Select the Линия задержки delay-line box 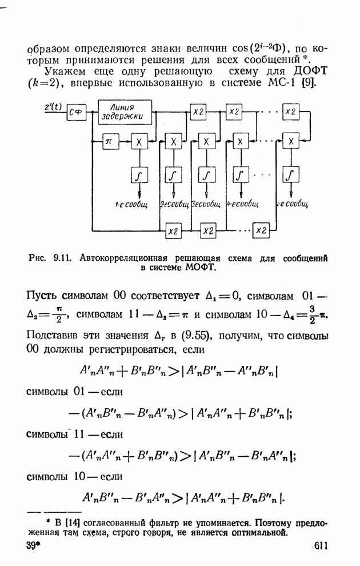coord(125,112)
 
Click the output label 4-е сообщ coord(242,203)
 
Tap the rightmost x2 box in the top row coord(291,111)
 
